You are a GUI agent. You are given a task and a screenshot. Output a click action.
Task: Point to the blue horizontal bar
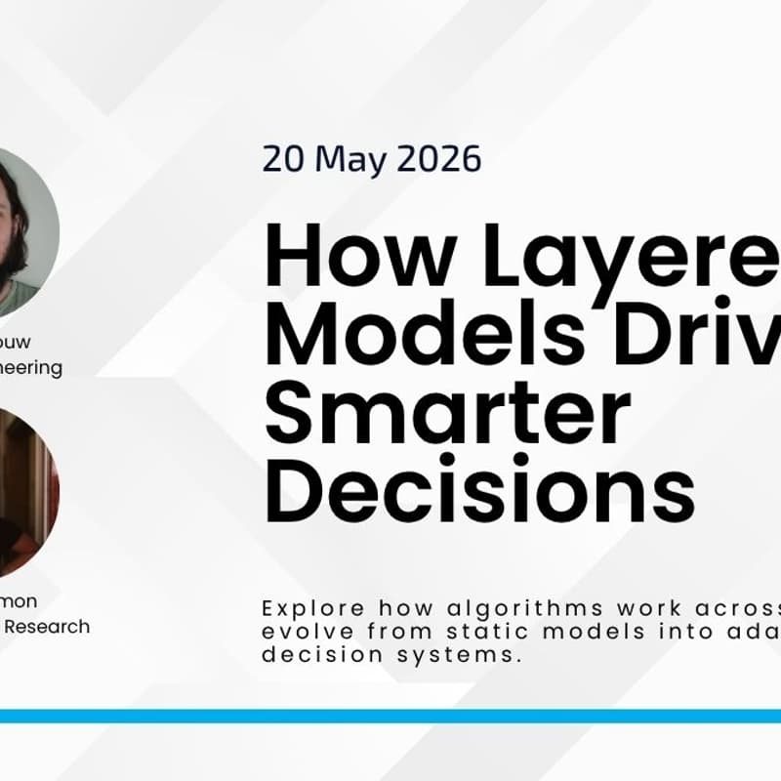tap(390, 716)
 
